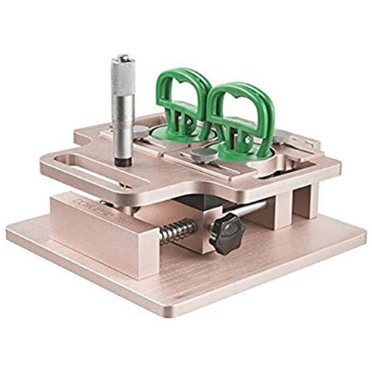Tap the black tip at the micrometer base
pyautogui.click(x=123, y=159)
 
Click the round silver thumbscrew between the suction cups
pyautogui.click(x=202, y=154)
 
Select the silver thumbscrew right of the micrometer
pyautogui.click(x=141, y=132)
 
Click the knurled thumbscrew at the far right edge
pyautogui.click(x=282, y=137)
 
